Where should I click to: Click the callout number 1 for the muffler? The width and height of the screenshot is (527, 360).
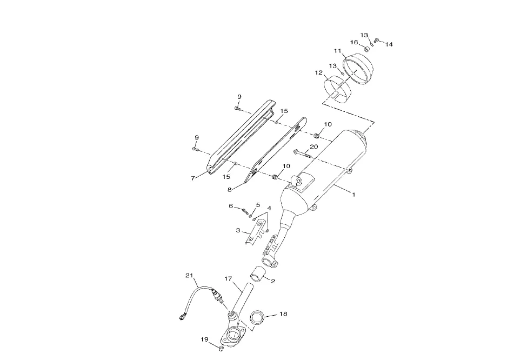point(353,194)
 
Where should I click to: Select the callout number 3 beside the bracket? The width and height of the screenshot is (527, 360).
point(238,230)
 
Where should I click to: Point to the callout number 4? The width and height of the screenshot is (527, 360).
point(269,209)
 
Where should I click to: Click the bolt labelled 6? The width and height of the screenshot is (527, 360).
point(245,211)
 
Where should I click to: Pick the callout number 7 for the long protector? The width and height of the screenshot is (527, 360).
point(192,178)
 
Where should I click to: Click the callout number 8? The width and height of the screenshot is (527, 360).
point(230,190)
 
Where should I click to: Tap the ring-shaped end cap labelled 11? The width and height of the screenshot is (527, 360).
point(358,69)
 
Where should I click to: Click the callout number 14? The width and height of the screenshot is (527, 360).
point(389,44)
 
